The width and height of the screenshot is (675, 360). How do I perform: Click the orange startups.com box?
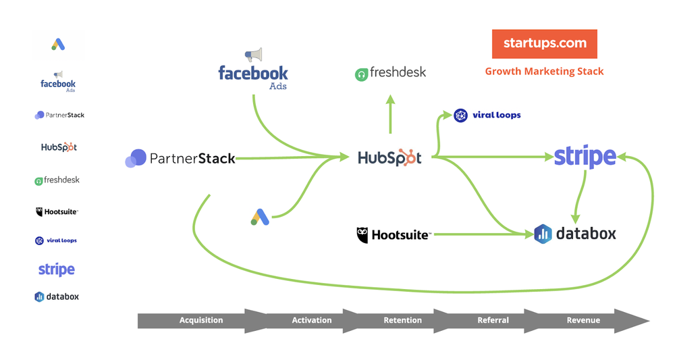544,44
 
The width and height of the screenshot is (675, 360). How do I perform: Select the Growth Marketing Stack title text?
544,71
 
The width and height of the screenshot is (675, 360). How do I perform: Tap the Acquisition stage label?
201,320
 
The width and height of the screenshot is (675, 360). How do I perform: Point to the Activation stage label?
312,320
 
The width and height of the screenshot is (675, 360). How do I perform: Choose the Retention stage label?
402,320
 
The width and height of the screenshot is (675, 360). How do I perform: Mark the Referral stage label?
493,320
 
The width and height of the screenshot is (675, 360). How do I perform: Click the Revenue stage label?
583,320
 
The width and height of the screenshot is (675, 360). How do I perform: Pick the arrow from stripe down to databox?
578,196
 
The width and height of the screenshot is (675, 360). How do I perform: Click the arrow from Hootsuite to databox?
479,234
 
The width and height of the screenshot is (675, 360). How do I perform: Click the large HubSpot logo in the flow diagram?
389,157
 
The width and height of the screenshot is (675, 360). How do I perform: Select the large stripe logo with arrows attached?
585,157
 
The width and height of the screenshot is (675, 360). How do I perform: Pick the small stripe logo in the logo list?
57,269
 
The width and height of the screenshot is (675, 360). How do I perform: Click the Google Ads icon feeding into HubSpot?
261,217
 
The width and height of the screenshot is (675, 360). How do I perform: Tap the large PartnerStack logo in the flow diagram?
180,158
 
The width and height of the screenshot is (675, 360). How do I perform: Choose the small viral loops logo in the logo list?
56,240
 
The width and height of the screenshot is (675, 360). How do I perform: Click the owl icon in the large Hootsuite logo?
362,234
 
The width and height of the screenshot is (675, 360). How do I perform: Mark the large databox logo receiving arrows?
575,234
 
